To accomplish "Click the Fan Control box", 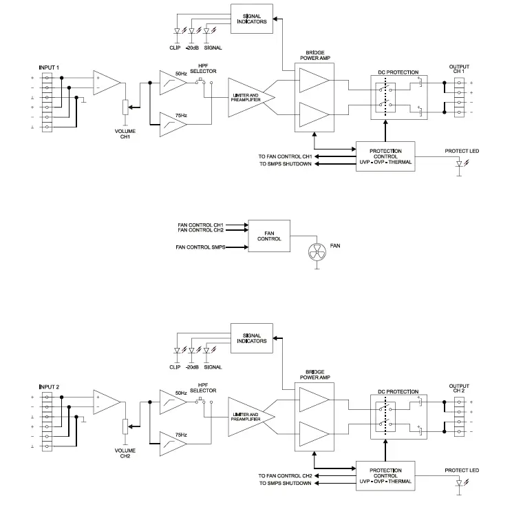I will [x=268, y=236].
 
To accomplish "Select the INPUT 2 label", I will [x=50, y=386].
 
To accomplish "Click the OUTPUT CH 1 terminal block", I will [x=459, y=96].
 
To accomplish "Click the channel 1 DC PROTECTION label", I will [x=398, y=72].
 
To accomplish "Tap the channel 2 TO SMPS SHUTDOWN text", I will [x=285, y=483].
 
